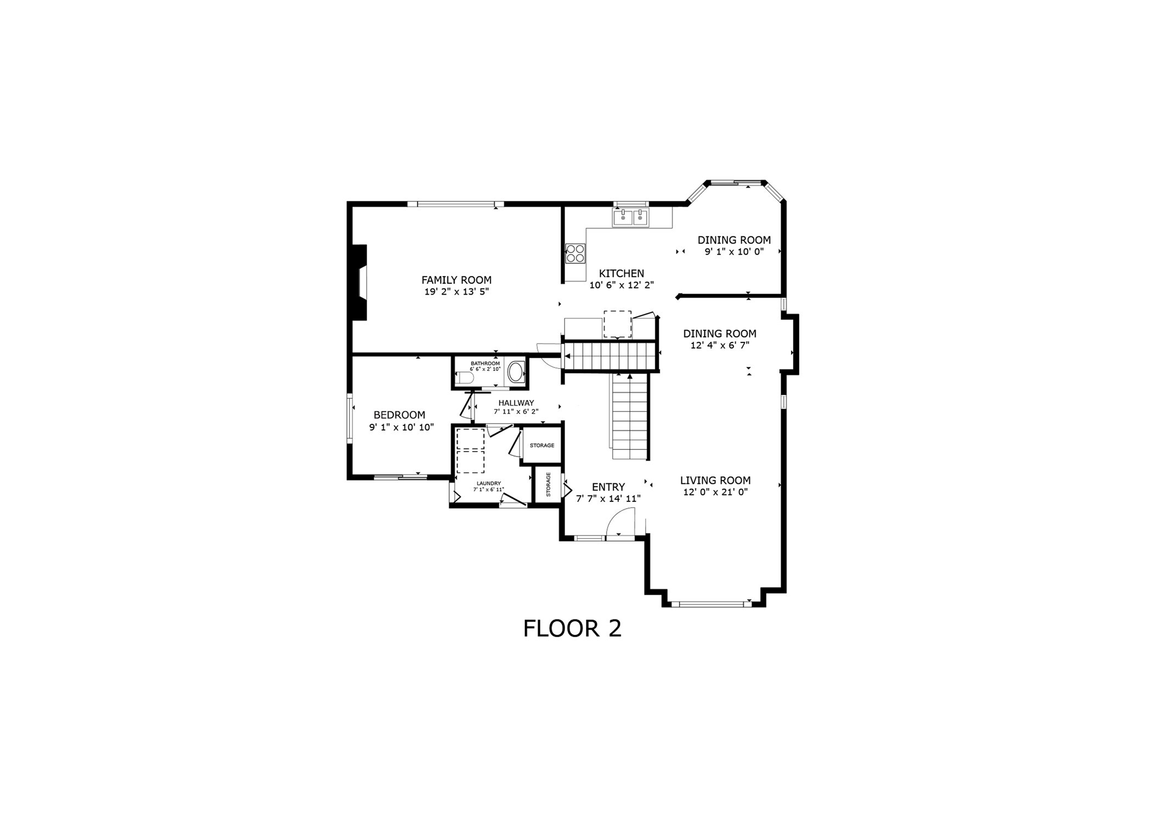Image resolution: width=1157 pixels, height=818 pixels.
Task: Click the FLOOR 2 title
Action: pos(572,629)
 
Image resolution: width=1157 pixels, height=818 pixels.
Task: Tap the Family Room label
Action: pos(456,280)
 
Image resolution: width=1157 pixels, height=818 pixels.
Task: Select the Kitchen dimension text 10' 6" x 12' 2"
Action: pos(622,285)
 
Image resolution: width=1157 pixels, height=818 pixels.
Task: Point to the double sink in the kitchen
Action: pos(630,218)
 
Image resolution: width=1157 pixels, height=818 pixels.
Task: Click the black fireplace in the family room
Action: pos(360,282)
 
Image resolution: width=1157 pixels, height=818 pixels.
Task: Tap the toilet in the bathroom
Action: pos(464,378)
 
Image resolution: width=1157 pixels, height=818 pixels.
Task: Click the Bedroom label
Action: pos(399,415)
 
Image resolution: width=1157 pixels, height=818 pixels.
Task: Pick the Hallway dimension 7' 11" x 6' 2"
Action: pos(516,411)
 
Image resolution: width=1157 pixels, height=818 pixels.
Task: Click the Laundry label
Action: pos(488,483)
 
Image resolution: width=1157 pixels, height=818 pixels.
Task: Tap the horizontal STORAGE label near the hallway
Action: pos(542,445)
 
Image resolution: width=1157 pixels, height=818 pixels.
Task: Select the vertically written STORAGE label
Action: pos(548,484)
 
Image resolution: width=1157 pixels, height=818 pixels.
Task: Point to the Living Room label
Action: pos(715,481)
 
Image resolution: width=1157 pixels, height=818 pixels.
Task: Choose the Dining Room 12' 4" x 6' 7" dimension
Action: pos(720,346)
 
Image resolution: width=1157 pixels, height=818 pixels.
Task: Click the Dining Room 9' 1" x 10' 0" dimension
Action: pos(734,252)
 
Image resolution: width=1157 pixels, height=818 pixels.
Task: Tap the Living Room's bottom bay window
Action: pos(712,604)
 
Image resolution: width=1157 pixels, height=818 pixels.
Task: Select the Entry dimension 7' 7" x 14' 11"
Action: pos(608,499)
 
